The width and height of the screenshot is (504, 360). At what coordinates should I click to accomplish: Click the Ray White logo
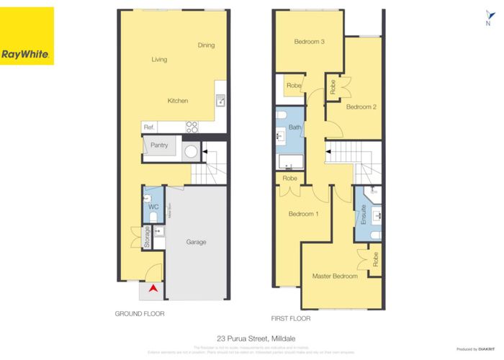pyautogui.click(x=27, y=36)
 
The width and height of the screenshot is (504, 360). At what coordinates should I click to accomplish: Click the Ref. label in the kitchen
pyautogui.click(x=150, y=127)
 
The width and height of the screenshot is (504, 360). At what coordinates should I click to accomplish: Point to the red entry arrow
pyautogui.click(x=153, y=289)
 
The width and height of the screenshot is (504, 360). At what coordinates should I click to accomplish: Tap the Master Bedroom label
pyautogui.click(x=335, y=276)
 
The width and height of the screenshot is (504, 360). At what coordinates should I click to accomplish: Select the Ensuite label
pyautogui.click(x=364, y=215)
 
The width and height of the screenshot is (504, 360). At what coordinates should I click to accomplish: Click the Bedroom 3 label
pyautogui.click(x=310, y=42)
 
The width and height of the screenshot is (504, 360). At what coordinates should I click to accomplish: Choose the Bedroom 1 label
pyautogui.click(x=303, y=214)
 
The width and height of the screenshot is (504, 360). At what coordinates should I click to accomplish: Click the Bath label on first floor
pyautogui.click(x=294, y=127)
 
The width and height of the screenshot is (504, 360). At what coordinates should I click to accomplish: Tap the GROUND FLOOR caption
pyautogui.click(x=140, y=314)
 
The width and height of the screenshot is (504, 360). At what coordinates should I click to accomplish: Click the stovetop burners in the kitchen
pyautogui.click(x=192, y=127)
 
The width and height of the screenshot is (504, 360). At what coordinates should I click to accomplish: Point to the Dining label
pyautogui.click(x=206, y=45)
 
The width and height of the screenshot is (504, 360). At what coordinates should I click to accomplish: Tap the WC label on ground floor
pyautogui.click(x=153, y=207)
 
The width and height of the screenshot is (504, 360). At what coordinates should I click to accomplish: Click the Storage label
pyautogui.click(x=147, y=238)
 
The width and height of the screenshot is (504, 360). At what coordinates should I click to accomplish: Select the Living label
pyautogui.click(x=159, y=60)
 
